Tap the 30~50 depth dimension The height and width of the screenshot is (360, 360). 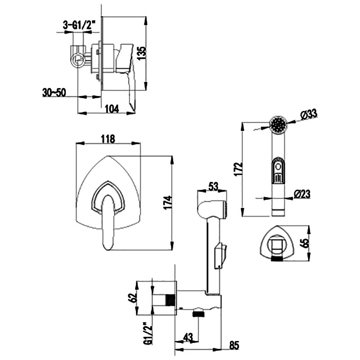(x=54, y=92)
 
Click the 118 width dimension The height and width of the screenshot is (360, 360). (x=107, y=139)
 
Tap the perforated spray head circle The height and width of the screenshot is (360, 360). (x=279, y=124)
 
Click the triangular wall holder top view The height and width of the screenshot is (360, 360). (x=277, y=243)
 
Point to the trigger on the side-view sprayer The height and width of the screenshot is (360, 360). (x=220, y=254)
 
